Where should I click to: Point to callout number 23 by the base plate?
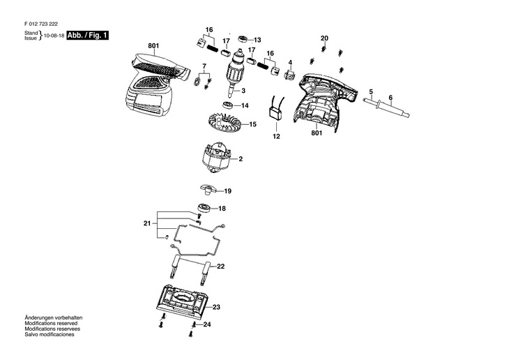(x=216, y=307)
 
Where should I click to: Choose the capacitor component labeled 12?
(x=275, y=113)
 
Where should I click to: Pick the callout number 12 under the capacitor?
(x=276, y=137)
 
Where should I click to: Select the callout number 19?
(x=228, y=190)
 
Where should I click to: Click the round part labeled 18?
(x=204, y=207)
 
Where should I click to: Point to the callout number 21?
(x=146, y=223)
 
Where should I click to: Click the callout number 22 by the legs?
(x=220, y=267)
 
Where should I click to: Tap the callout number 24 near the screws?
(x=206, y=324)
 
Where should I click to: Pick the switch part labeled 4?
(x=290, y=74)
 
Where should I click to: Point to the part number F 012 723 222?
(x=43, y=23)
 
